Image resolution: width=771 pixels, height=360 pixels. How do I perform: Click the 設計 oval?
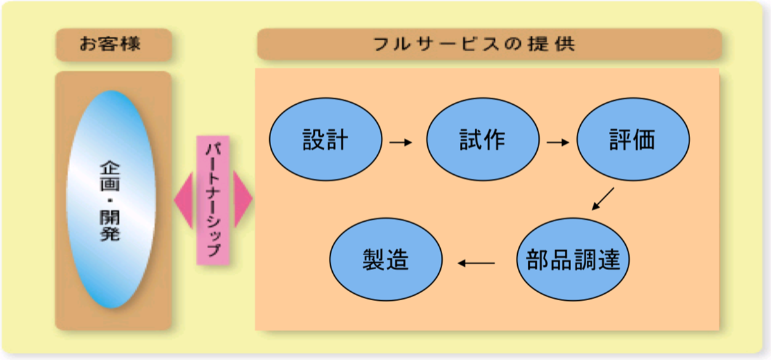[x=326, y=139]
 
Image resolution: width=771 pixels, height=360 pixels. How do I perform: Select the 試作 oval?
[x=483, y=139]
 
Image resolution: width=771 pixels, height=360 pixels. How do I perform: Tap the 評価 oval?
[x=634, y=139]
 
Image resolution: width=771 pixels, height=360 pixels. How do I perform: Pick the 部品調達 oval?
[x=573, y=260]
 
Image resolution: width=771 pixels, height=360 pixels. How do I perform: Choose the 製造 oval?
[x=386, y=260]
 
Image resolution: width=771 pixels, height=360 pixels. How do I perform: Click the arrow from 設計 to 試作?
[x=401, y=142]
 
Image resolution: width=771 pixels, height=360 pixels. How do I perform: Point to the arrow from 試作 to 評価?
[x=558, y=142]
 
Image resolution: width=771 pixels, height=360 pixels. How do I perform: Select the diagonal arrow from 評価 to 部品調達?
[x=603, y=199]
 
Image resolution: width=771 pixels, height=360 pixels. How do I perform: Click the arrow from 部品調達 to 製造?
[x=476, y=263]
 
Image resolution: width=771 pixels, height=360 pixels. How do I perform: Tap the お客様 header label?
[x=110, y=44]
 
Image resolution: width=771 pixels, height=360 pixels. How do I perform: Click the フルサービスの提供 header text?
[x=474, y=44]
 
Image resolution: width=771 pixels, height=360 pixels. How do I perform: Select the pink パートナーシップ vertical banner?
[x=213, y=200]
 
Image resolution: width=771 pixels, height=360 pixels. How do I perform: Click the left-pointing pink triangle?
[x=184, y=200]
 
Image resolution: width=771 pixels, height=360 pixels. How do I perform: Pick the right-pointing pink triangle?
[x=243, y=199]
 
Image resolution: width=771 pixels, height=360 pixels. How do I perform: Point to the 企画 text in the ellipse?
[x=110, y=176]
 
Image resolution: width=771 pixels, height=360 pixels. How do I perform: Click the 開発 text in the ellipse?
[x=110, y=226]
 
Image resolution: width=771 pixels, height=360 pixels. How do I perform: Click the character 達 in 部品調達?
[x=608, y=260]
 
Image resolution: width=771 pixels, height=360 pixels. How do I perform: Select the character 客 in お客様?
[x=111, y=44]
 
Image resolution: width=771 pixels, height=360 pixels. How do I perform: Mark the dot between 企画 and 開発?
[x=110, y=201]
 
